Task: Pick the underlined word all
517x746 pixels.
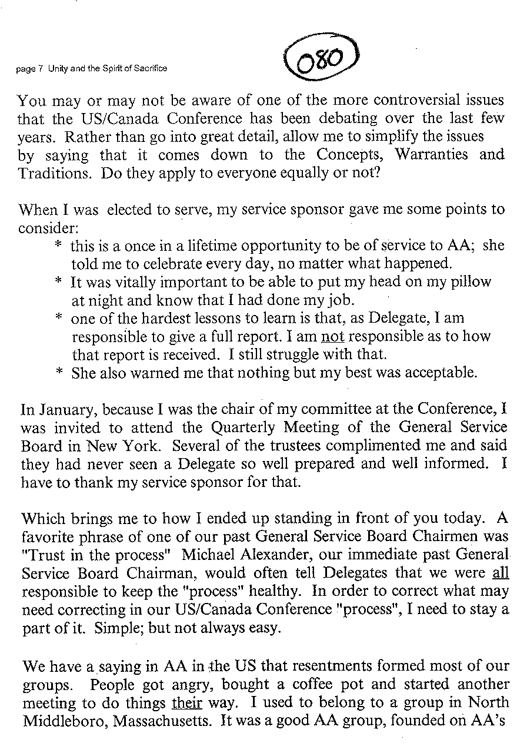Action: click(500, 573)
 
